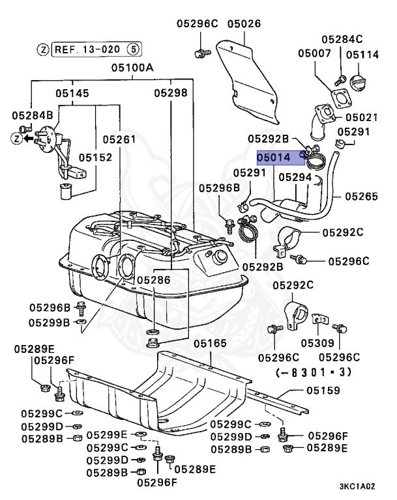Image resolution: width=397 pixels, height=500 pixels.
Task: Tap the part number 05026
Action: (x=244, y=24)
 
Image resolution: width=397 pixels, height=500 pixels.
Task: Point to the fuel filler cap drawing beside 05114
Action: (x=359, y=85)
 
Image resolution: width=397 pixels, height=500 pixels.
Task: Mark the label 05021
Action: (x=362, y=118)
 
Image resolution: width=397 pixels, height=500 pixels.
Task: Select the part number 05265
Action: (x=361, y=195)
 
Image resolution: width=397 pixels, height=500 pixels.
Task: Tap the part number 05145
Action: (x=72, y=93)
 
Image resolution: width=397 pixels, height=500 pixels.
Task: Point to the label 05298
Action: (x=171, y=93)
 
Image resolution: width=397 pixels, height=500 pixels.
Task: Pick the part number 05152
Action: (x=96, y=158)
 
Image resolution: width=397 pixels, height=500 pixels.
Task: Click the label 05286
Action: (x=153, y=279)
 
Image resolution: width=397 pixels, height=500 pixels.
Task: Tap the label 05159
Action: (x=323, y=391)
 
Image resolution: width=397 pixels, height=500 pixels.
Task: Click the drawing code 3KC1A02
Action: (x=357, y=486)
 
